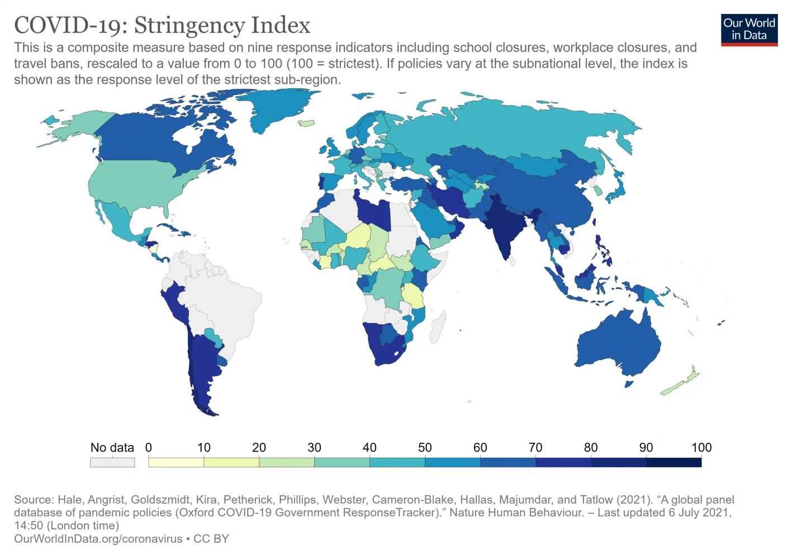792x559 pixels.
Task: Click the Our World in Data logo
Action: [749, 30]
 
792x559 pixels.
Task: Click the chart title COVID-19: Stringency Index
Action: [162, 25]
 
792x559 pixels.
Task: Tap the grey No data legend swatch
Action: [112, 462]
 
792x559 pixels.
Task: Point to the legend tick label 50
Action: [425, 448]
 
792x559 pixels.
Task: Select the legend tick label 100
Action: [701, 448]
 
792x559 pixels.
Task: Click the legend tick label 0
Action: [149, 448]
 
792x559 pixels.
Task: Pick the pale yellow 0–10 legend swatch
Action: [176, 462]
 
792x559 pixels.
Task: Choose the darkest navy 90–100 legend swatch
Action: [674, 462]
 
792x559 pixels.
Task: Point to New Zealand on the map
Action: [682, 383]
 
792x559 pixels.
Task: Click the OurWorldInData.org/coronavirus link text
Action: [98, 539]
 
